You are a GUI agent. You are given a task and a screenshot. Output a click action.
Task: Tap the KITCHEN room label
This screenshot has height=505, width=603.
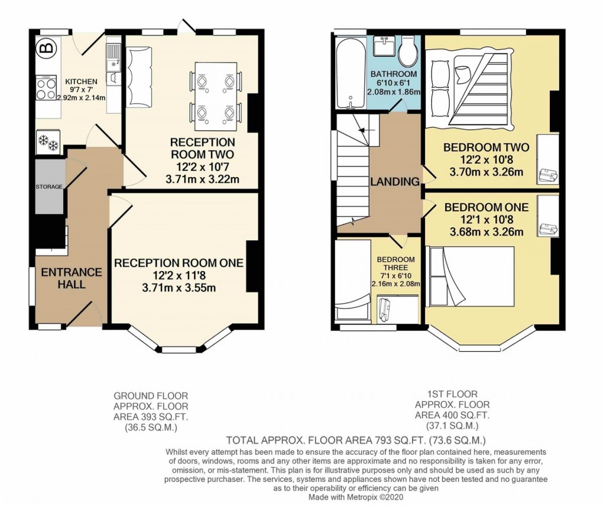81,82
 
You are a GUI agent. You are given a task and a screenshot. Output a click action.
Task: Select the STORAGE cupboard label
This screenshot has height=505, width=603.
49,187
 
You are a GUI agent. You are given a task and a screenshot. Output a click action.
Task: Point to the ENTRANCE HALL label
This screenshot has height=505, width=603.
72,278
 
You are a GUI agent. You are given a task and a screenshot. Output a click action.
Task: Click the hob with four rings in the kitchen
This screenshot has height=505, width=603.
46,88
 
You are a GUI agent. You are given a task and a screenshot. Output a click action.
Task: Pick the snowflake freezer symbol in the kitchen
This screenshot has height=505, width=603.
48,143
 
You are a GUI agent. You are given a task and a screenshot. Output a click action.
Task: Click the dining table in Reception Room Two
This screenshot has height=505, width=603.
215,97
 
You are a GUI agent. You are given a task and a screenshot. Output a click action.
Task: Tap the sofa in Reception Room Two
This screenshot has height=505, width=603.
139,76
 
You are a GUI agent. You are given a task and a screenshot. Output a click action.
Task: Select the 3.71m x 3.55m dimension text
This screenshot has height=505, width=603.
179,288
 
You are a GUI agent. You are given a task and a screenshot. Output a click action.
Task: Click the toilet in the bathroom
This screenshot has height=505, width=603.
409,52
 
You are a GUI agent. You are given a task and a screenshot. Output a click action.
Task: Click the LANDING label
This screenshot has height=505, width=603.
395,181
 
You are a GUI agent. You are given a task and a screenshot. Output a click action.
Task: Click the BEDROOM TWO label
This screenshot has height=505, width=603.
486,147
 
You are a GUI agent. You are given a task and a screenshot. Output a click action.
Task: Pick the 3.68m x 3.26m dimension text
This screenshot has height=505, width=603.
487,232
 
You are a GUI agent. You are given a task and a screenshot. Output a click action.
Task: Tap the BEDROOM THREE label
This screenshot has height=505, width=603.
395,263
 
